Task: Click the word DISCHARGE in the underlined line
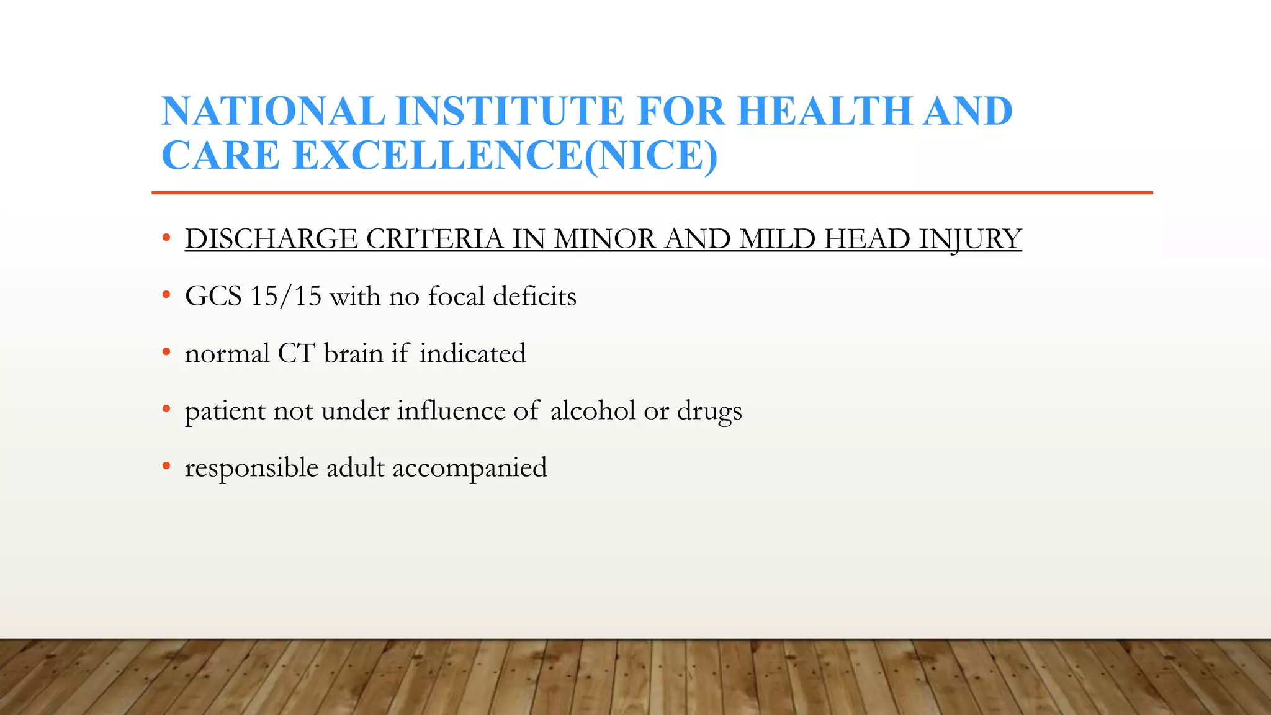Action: (271, 240)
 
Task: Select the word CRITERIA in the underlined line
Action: (434, 240)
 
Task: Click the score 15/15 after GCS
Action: (285, 296)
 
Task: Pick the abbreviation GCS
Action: (213, 296)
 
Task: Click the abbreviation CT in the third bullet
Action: (296, 354)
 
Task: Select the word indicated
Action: (472, 354)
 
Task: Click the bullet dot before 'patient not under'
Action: (166, 408)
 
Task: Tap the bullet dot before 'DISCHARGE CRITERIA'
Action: (166, 237)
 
